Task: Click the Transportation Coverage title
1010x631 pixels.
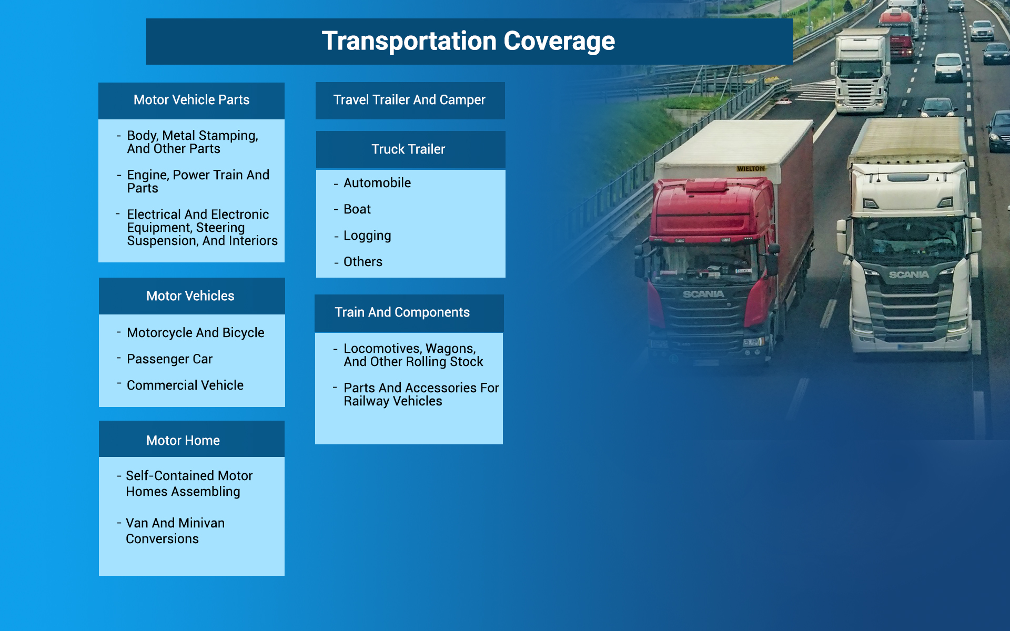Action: tap(468, 41)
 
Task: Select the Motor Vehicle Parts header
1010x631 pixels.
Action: tap(191, 100)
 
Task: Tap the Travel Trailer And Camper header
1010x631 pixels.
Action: tap(409, 100)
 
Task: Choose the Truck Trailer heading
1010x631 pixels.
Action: tap(408, 149)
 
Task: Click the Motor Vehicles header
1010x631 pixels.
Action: tap(190, 296)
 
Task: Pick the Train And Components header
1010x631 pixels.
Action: tap(402, 312)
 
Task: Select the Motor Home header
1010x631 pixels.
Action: tap(183, 441)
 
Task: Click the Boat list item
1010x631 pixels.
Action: tap(357, 209)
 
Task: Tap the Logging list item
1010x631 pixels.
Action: tap(367, 236)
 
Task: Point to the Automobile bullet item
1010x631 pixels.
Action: tap(377, 183)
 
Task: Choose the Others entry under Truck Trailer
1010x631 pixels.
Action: tap(363, 262)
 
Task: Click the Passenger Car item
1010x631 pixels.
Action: tap(169, 359)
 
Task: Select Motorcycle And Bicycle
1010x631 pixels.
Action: tap(195, 333)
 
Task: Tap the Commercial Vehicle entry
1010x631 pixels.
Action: tap(185, 385)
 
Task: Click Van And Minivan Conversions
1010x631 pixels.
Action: tap(175, 531)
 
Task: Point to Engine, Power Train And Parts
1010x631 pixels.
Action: tap(198, 181)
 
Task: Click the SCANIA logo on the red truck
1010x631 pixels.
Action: tap(703, 294)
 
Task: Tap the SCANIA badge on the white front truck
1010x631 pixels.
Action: tap(908, 274)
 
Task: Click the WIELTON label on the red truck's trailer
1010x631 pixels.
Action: tap(751, 169)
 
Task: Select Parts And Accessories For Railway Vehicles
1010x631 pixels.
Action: tap(421, 394)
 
